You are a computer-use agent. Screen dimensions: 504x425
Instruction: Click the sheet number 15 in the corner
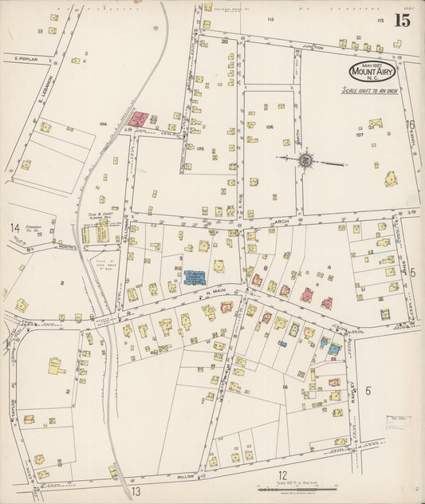401,21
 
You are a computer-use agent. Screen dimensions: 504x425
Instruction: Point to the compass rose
305,160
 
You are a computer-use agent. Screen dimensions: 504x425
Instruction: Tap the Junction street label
313,48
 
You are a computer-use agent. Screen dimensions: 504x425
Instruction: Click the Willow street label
186,475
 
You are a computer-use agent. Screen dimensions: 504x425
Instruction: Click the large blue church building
195,278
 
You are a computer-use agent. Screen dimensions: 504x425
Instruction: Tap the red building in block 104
139,120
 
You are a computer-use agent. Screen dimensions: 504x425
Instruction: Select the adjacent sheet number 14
14,228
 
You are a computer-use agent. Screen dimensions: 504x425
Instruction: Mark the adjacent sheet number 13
136,491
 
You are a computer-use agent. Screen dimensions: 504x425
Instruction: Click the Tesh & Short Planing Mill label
97,217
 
